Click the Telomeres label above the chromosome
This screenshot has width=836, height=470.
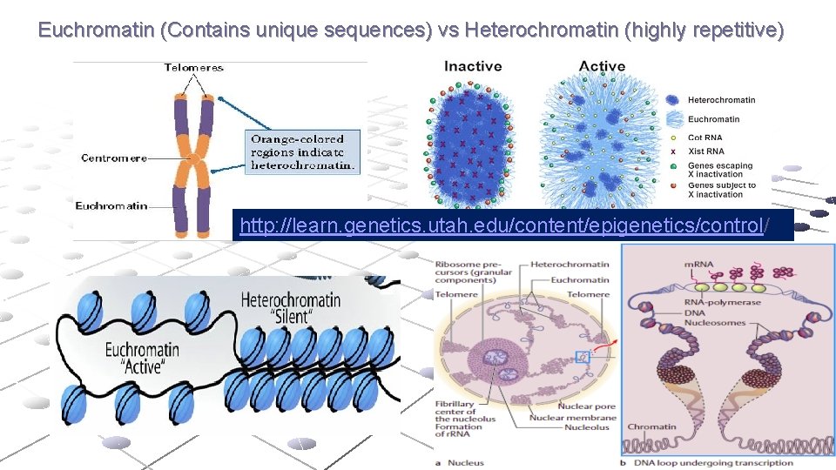[x=193, y=68]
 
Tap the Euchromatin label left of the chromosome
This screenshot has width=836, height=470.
[x=111, y=206]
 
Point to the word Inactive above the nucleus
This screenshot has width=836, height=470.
[x=473, y=66]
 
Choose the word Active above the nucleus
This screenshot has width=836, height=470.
[x=602, y=66]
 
